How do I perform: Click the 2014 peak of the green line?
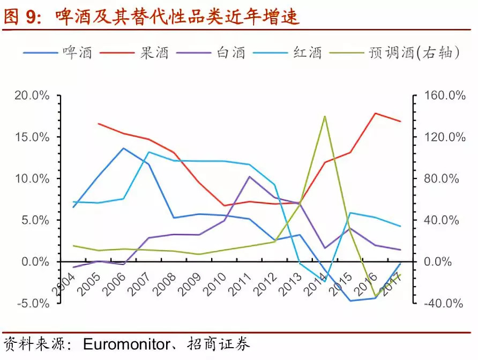pos(325,116)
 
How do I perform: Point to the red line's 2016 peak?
pos(376,113)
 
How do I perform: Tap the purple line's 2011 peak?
pos(249,176)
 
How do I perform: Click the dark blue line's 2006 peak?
pos(124,148)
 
